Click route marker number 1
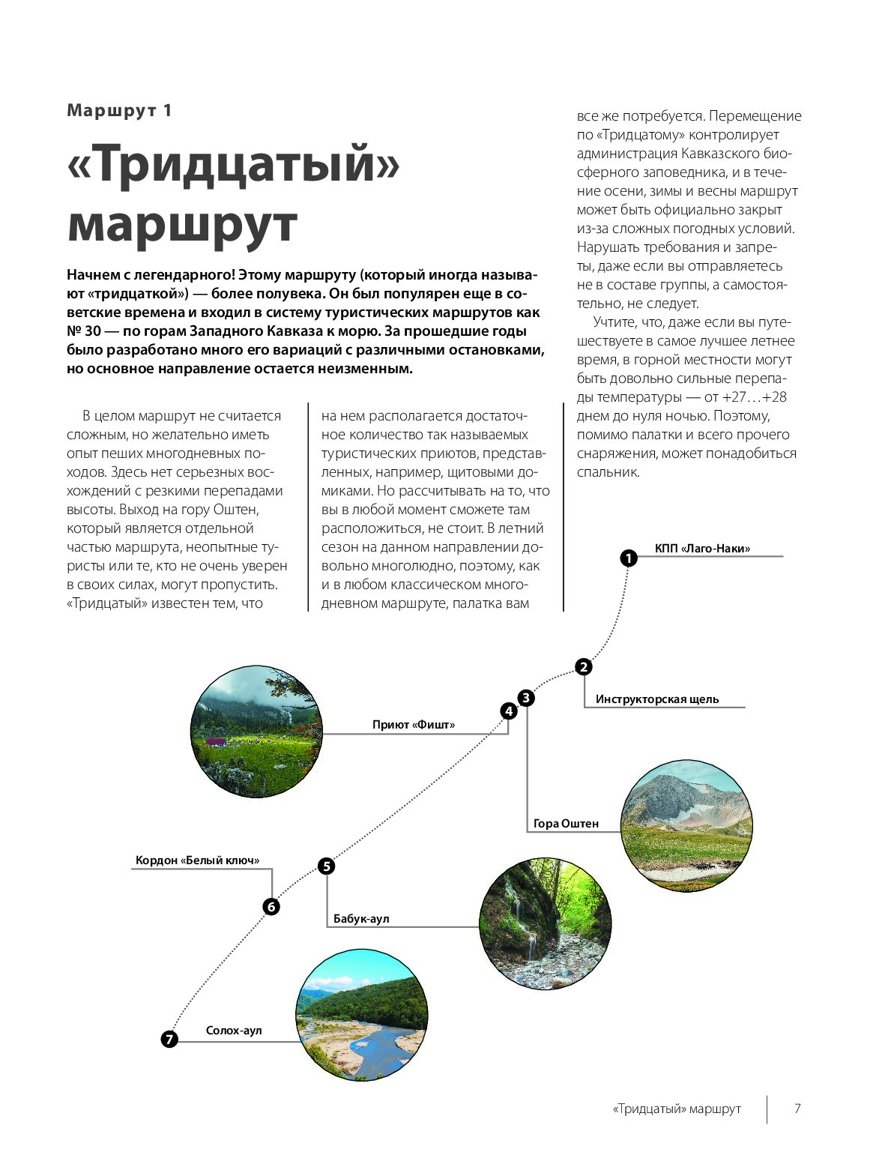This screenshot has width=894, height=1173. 628,558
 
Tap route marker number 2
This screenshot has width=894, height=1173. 583,666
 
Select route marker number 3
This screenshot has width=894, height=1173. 526,698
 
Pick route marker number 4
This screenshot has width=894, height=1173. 509,711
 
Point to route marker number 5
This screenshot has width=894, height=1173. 326,866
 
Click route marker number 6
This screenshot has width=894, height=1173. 271,907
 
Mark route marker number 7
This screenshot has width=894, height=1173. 169,1039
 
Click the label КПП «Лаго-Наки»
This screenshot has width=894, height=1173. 702,549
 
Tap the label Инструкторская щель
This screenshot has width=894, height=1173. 657,699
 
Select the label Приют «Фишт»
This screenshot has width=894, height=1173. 414,725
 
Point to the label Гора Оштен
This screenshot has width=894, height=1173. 566,824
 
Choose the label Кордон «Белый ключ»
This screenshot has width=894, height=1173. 197,860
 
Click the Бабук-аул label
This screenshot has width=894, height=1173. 361,919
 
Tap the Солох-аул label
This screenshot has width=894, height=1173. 234,1031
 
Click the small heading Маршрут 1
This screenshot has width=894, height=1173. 120,110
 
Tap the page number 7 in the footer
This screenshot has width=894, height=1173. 797,1109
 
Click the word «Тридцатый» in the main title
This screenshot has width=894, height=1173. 233,166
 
